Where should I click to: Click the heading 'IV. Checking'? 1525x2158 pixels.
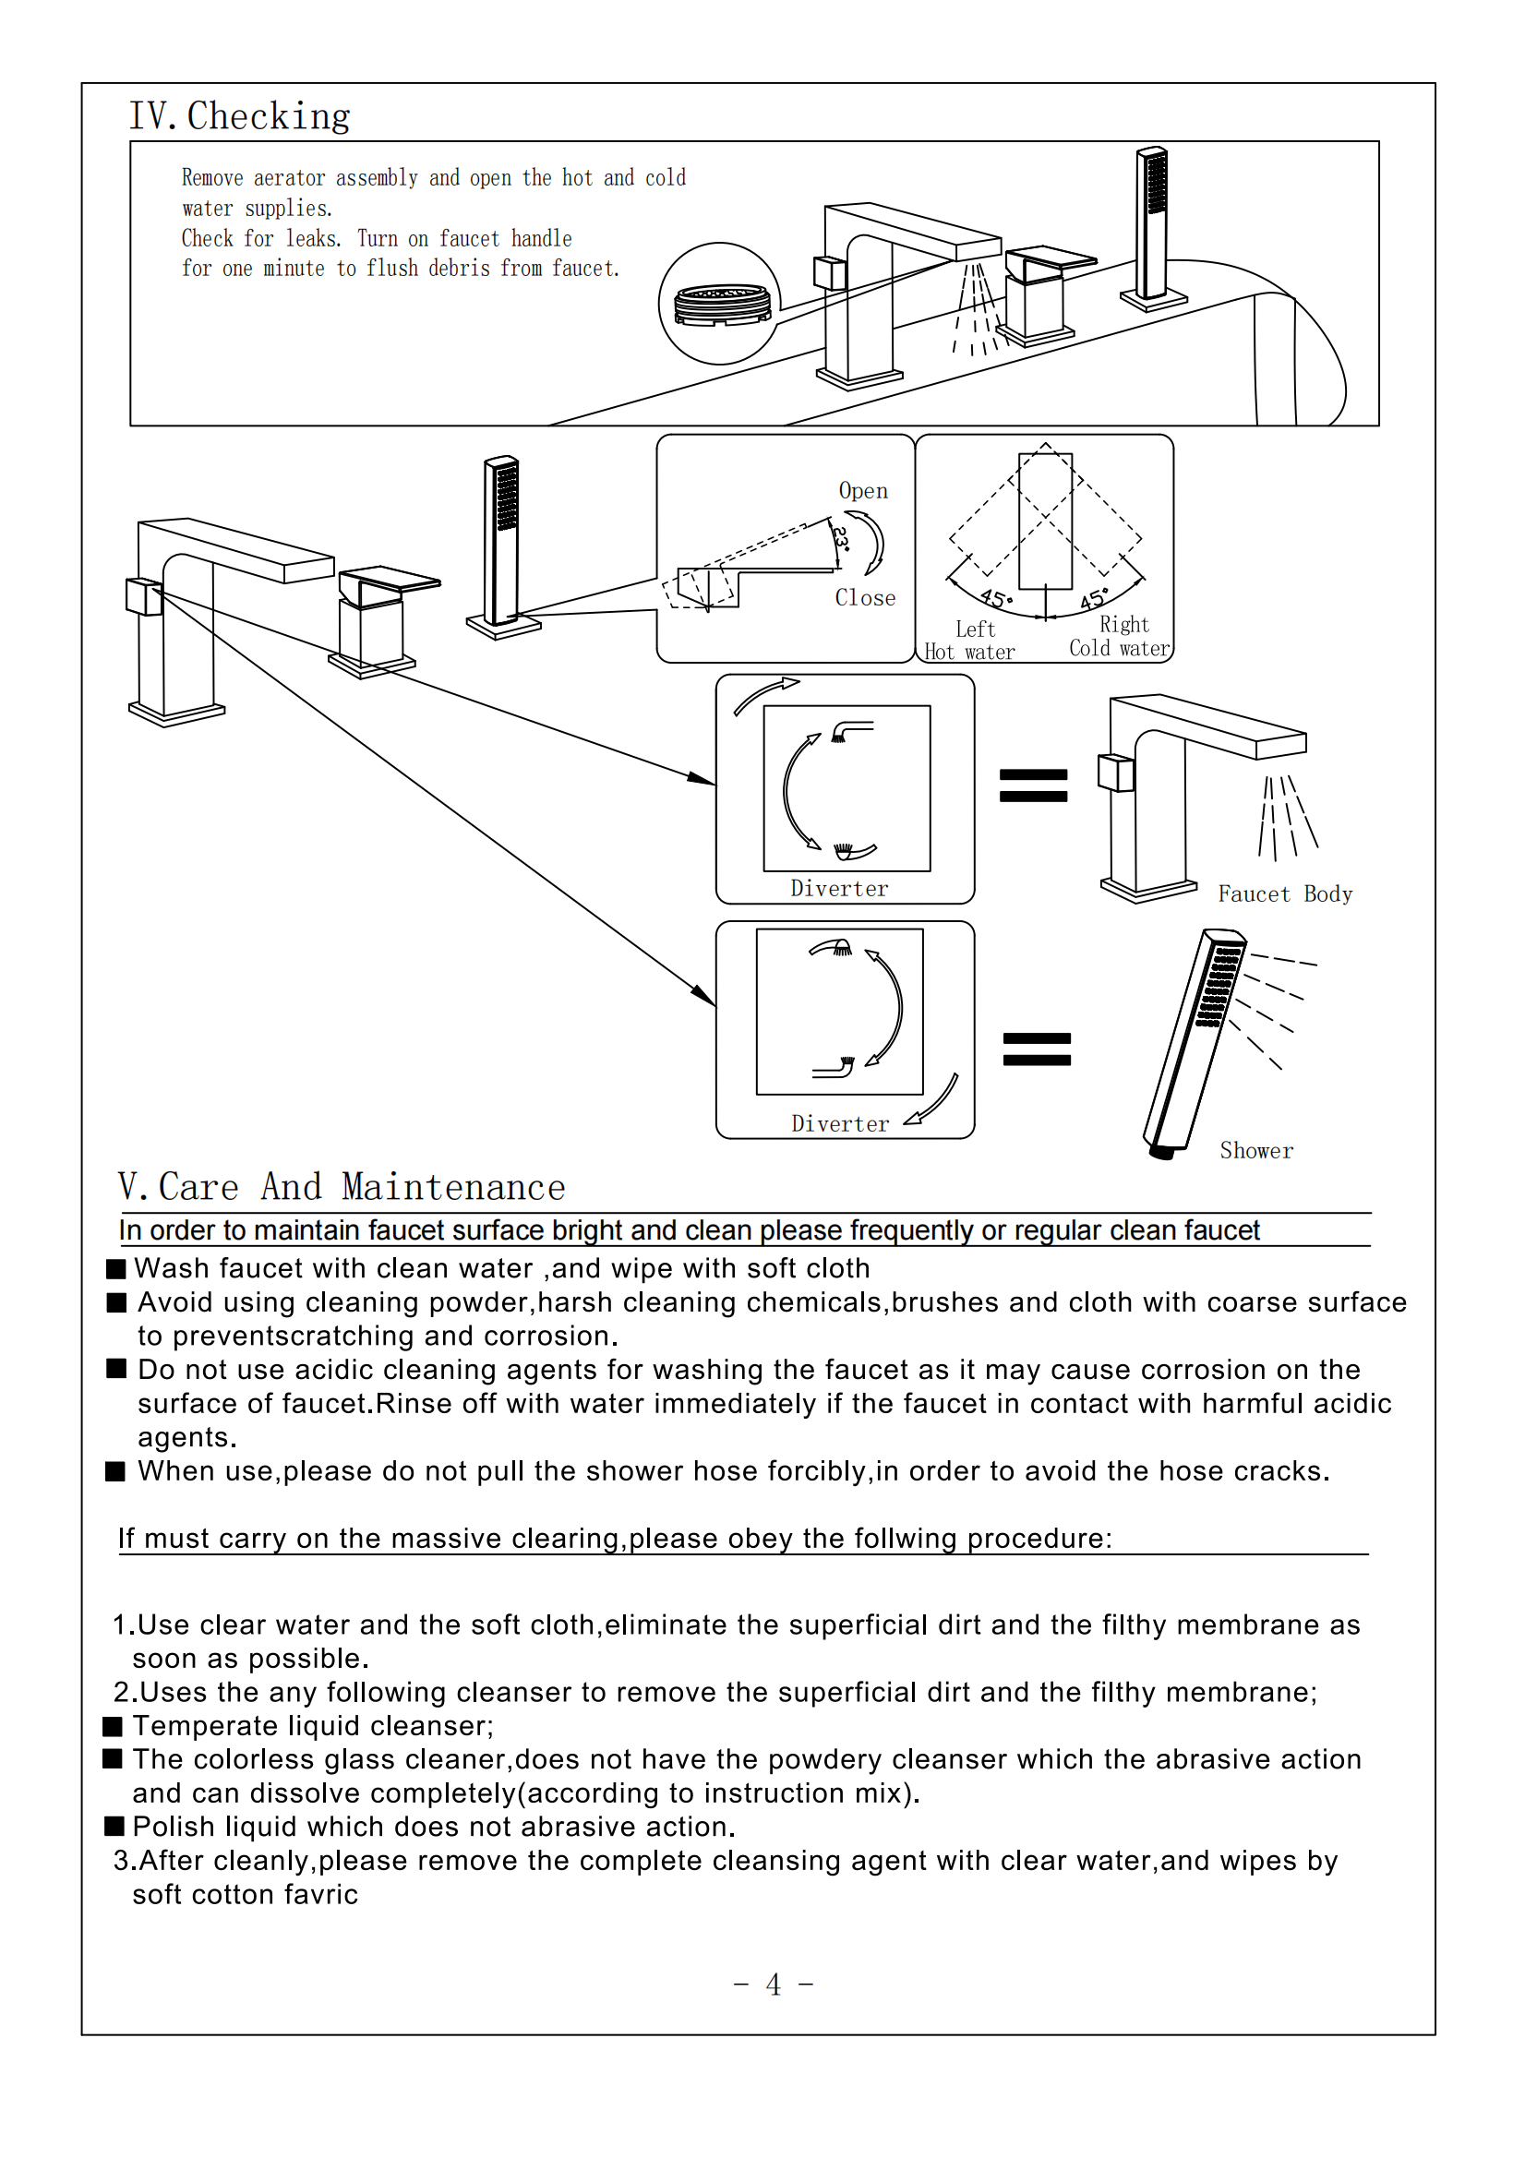point(239,116)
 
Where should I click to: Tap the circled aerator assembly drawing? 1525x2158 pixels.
point(719,304)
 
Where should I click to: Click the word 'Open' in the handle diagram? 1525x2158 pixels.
point(862,491)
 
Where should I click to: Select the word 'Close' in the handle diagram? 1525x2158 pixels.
point(864,598)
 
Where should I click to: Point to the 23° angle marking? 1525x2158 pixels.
point(841,538)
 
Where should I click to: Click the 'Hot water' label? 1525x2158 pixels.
point(969,653)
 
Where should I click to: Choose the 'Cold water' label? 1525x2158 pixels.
point(1119,649)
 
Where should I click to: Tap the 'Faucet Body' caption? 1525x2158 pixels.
point(1284,893)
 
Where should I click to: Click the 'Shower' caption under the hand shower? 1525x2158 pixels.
point(1256,1150)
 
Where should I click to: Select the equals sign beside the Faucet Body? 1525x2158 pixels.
point(1033,785)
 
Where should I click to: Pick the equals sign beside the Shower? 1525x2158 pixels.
point(1036,1049)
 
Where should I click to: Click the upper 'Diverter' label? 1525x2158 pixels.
point(838,888)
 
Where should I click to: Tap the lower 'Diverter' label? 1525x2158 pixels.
point(840,1124)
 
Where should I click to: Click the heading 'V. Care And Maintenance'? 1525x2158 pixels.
point(342,1187)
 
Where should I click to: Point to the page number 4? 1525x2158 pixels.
point(773,1984)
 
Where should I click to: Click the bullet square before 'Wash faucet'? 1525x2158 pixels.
point(116,1269)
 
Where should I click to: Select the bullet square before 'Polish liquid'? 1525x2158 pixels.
point(114,1827)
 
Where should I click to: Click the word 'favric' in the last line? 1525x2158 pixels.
point(321,1894)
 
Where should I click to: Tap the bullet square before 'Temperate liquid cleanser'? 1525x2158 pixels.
point(114,1726)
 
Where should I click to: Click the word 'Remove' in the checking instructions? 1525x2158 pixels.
point(211,177)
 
